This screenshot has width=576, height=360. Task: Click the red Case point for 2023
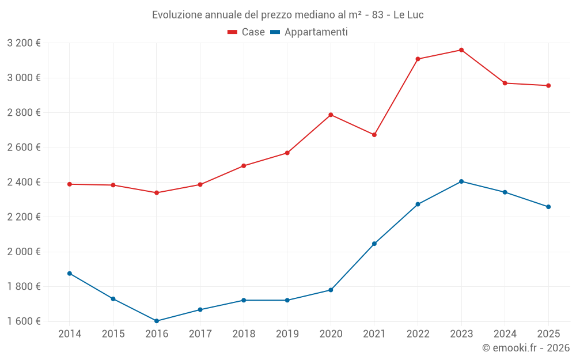coord(461,50)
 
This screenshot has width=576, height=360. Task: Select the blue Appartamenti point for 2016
coord(157,321)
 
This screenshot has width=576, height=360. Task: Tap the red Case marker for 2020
coord(331,115)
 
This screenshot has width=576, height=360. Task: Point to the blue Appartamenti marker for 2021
coord(374,244)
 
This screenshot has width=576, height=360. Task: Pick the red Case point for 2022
coord(418,59)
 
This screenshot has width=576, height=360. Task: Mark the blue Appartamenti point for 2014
coord(70,274)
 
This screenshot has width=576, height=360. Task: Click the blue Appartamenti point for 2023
coord(461,181)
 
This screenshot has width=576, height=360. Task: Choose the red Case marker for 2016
coord(157,192)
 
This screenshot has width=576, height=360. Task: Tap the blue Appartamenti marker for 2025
coord(548,207)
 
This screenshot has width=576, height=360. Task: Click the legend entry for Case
coord(247,32)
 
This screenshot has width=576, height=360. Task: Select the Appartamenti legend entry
coord(309,32)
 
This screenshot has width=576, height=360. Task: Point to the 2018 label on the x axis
coord(244,334)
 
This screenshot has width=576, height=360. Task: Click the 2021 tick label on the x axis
coord(374,334)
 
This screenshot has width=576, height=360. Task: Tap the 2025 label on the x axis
coord(548,334)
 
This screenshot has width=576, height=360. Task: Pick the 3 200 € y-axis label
coord(24,43)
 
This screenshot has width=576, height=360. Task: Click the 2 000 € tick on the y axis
coord(24,252)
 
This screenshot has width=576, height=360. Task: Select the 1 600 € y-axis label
coord(24,321)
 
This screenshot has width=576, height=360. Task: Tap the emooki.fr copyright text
coord(526,348)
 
